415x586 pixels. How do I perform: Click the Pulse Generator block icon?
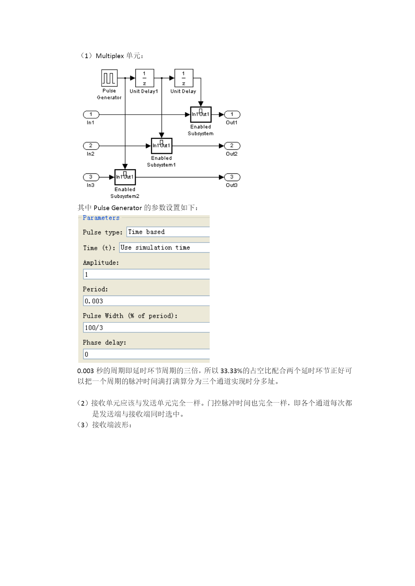(x=109, y=78)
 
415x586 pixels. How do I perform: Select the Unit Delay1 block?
(x=144, y=78)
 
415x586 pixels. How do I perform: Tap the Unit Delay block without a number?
(x=184, y=78)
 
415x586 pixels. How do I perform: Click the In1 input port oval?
(x=91, y=115)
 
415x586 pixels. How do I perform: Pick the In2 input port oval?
(x=91, y=146)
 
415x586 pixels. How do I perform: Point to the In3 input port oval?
(x=91, y=177)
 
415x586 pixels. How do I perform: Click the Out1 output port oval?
(x=232, y=115)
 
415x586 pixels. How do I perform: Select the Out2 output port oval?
(x=232, y=146)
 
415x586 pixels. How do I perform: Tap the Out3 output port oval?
(x=232, y=177)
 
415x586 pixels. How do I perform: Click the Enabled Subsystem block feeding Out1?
(x=201, y=115)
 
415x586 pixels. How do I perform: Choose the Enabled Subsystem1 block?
(x=162, y=146)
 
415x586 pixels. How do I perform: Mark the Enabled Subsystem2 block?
(x=125, y=177)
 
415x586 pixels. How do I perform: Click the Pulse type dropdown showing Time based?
(x=168, y=232)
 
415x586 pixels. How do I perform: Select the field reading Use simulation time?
(x=165, y=248)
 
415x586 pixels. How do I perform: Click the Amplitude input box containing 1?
(x=146, y=274)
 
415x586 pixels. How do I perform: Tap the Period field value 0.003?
(x=146, y=301)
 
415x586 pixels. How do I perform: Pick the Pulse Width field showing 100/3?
(x=146, y=327)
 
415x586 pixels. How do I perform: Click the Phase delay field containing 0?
(x=146, y=354)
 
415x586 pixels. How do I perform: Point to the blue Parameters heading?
(x=101, y=218)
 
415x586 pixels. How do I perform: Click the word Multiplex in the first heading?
(x=110, y=56)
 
